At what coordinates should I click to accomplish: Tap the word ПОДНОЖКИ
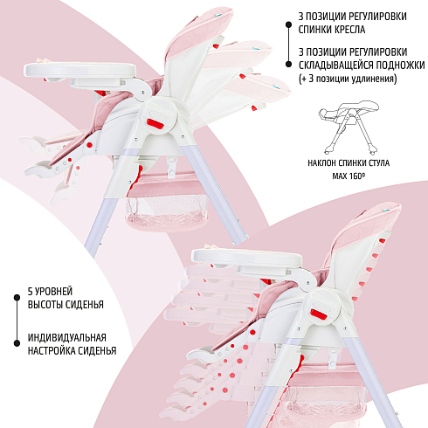point(400,66)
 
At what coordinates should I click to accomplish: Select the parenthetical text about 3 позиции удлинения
point(348,79)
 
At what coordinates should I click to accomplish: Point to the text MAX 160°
point(349,176)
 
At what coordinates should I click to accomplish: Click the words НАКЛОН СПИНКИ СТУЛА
point(349,163)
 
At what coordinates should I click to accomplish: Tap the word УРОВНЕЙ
point(53,291)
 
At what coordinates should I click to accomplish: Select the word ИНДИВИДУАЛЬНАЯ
point(67,338)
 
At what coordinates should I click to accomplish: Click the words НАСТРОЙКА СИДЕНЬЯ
point(72,350)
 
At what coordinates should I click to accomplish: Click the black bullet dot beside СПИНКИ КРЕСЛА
point(288,25)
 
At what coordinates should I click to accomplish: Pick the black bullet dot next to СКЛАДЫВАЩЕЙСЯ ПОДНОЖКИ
point(288,64)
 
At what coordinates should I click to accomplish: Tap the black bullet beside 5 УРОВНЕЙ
point(17,297)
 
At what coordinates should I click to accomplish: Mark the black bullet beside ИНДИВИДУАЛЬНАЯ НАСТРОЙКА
point(17,343)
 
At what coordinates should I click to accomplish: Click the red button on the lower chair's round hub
point(320,314)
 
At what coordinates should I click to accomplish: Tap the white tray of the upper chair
point(80,70)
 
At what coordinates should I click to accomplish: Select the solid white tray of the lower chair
point(246,258)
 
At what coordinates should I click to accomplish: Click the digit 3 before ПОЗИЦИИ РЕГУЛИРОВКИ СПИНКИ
point(301,17)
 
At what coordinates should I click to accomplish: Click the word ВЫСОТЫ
point(45,305)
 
